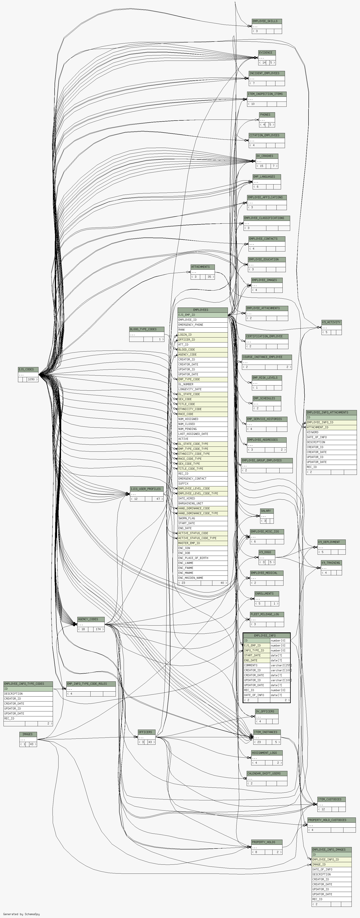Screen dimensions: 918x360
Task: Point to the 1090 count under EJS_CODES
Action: (31, 379)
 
